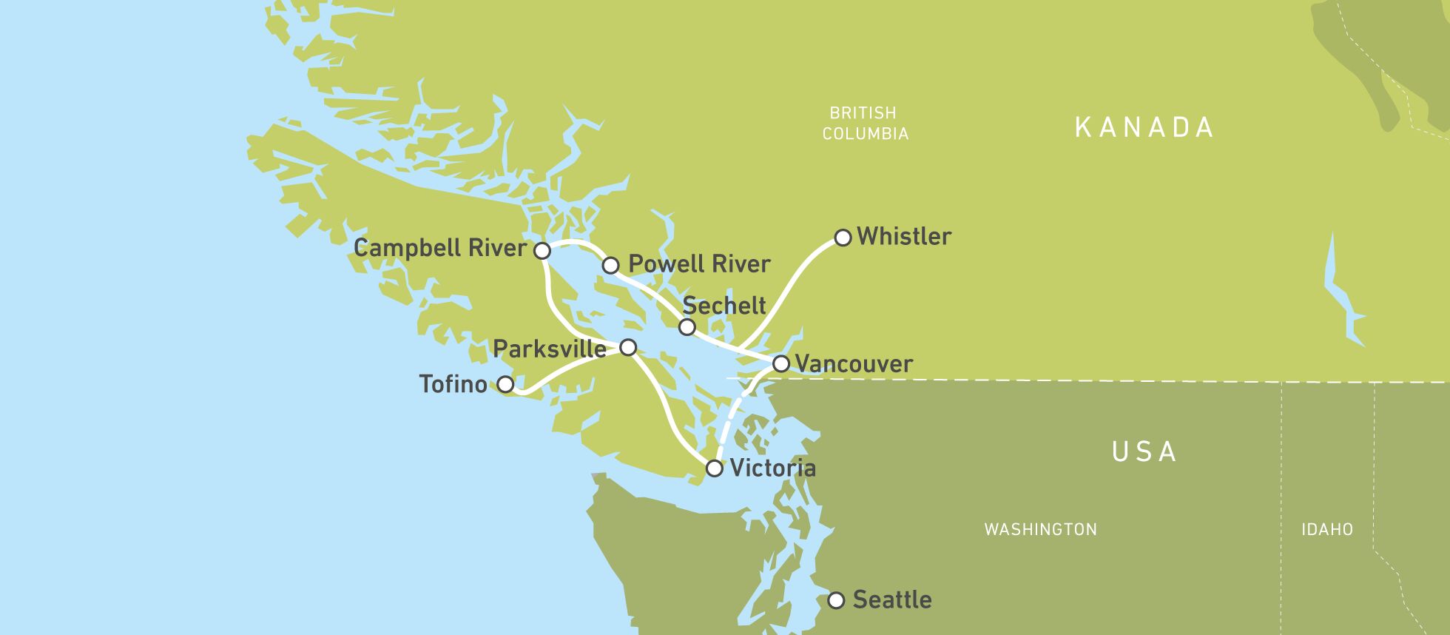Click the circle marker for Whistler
point(843,238)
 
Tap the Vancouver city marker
point(781,364)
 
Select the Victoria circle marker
point(714,468)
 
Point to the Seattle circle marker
point(836,600)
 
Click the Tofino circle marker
point(505,385)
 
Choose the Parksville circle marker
point(628,347)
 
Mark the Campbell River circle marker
point(542,251)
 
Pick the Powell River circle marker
point(610,265)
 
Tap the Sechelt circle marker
point(687,327)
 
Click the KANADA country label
point(1144,127)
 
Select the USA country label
point(1144,451)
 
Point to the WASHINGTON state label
point(1040,529)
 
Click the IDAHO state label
point(1327,529)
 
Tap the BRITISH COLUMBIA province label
point(864,123)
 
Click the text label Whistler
point(904,237)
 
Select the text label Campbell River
point(439,248)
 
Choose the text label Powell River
point(699,264)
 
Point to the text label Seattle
point(892,599)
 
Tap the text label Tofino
point(453,384)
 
